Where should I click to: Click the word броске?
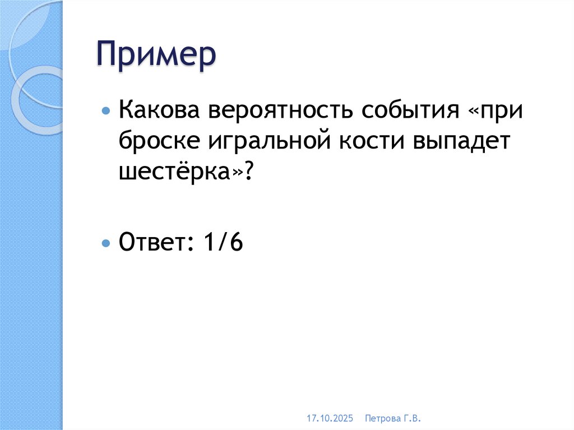click(151, 142)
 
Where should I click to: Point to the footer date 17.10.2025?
click(330, 418)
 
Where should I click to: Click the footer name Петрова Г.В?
click(392, 418)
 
